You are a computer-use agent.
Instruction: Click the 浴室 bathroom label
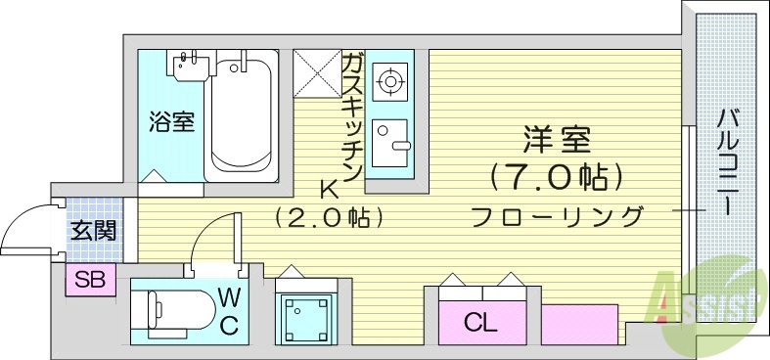[x=171, y=122]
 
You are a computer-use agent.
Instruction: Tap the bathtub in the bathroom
[x=241, y=115]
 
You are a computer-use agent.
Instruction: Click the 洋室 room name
[x=556, y=140]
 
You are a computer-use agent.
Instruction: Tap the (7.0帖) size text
[x=555, y=177]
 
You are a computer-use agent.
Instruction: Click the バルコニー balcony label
[x=727, y=161]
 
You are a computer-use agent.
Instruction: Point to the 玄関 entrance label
[x=93, y=231]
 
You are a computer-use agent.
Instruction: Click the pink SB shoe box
[x=90, y=280]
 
